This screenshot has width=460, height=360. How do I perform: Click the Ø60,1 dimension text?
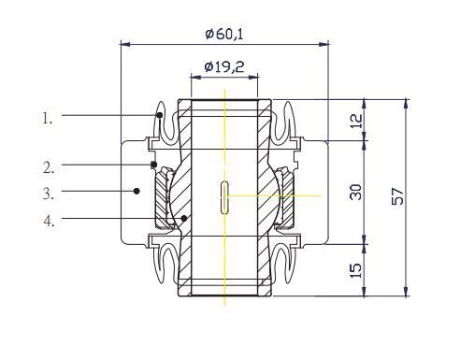224,34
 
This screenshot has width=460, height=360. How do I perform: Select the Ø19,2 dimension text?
224,66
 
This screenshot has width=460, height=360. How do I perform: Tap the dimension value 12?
357,121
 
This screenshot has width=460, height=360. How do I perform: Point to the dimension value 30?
356,192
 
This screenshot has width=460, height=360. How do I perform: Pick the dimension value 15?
356,270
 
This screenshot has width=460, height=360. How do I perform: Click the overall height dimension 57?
397,196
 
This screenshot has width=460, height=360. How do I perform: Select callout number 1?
48,119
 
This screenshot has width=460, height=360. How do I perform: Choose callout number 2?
49,167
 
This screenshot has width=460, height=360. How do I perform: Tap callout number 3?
49,194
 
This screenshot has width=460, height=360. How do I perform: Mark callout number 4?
49,221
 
